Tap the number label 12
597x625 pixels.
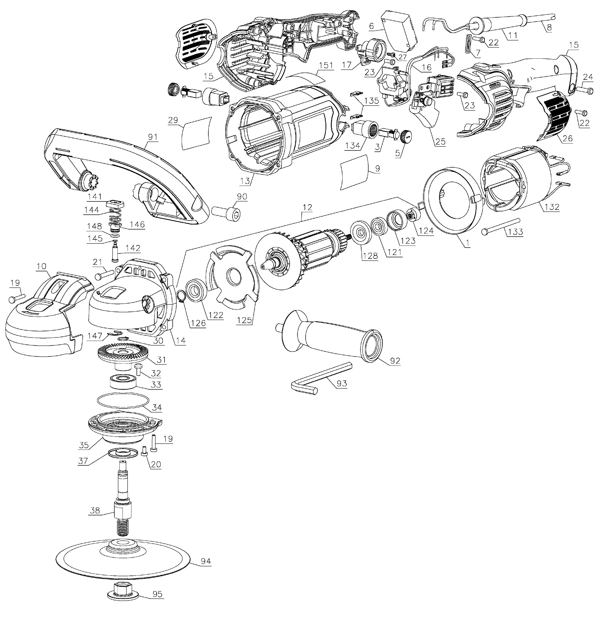pos(307,207)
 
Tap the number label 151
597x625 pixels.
pos(326,66)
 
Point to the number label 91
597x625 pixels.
pos(153,137)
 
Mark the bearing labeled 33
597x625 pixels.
pos(123,381)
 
